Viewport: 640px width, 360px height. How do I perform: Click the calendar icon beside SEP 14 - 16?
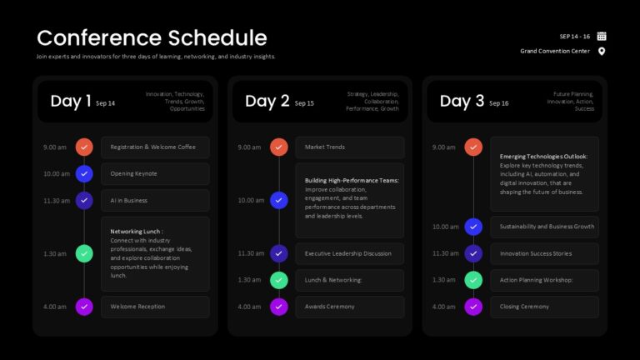(601, 37)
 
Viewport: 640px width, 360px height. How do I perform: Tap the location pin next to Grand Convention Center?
(601, 52)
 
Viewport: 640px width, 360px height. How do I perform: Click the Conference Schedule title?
(152, 38)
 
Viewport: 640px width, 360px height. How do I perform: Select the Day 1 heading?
(71, 101)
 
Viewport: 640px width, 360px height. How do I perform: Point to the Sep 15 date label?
(304, 103)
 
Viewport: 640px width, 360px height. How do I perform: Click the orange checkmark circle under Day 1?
(84, 147)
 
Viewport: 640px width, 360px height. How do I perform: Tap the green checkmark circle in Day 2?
(279, 280)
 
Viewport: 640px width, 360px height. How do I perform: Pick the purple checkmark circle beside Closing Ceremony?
(473, 307)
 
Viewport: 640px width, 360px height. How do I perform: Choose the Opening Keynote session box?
(155, 174)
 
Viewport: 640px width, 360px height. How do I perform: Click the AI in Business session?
(155, 200)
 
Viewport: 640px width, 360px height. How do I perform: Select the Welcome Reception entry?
(155, 307)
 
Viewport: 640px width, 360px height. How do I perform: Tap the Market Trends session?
(350, 147)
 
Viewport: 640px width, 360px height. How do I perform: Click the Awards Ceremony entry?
(350, 307)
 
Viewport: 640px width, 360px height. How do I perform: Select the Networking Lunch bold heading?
(137, 232)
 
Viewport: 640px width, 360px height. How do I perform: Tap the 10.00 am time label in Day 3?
(445, 227)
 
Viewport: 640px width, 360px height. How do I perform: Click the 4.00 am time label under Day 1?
(55, 307)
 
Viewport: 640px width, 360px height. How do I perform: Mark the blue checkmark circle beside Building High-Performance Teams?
(279, 200)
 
